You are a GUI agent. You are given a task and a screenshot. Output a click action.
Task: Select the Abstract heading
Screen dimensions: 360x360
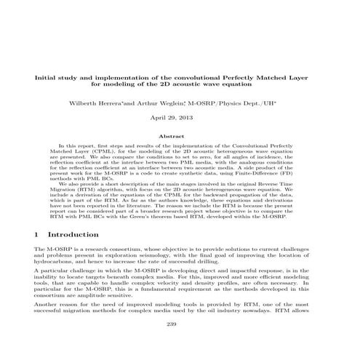click(180, 135)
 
